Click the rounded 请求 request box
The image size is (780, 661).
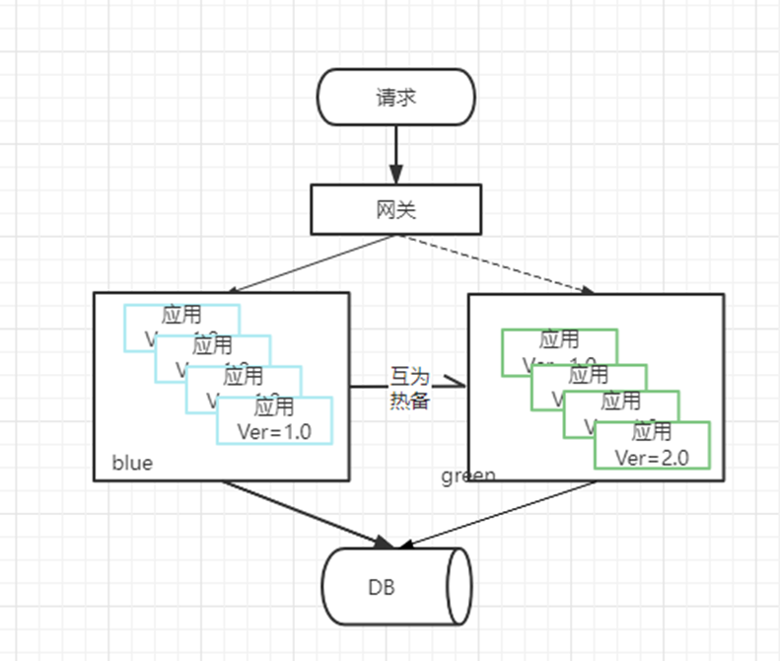coord(395,97)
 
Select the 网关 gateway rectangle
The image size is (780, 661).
coord(395,209)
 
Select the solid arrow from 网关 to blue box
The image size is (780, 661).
coord(306,263)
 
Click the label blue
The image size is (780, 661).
coord(132,463)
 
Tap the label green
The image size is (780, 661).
coord(468,476)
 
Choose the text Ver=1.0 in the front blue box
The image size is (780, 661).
coord(274,430)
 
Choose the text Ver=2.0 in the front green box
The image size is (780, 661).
coord(651,457)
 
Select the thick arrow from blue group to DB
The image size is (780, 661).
coord(306,513)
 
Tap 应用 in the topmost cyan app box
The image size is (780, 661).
coord(181,316)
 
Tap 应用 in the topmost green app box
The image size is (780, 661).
coord(559,340)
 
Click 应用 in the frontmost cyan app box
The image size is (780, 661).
coord(274,406)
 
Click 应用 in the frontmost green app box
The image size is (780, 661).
coord(651,432)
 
